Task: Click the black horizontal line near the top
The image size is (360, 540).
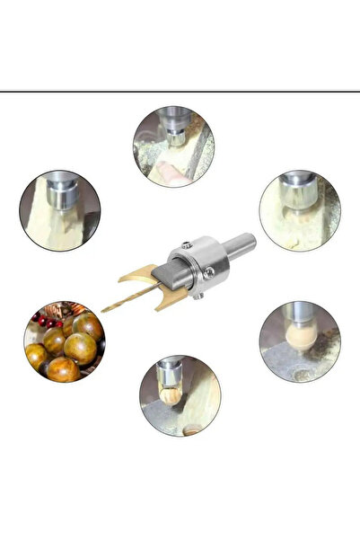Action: [x=180, y=92]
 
